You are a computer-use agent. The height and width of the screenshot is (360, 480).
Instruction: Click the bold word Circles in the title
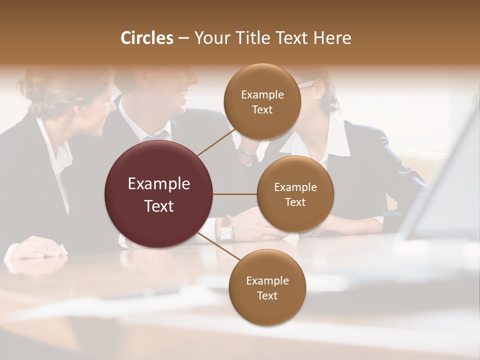(x=146, y=38)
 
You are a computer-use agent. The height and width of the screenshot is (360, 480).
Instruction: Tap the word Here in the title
(x=332, y=38)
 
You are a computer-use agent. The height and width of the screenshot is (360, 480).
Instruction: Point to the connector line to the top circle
(x=216, y=141)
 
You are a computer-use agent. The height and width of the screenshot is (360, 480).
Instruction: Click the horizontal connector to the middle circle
(x=235, y=194)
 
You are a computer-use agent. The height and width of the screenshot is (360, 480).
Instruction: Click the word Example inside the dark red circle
(x=159, y=184)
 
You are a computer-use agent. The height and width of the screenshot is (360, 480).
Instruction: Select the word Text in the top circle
(x=262, y=110)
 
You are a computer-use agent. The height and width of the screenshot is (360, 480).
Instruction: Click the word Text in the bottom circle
(x=267, y=295)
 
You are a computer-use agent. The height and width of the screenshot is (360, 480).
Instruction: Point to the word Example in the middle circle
(x=295, y=187)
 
